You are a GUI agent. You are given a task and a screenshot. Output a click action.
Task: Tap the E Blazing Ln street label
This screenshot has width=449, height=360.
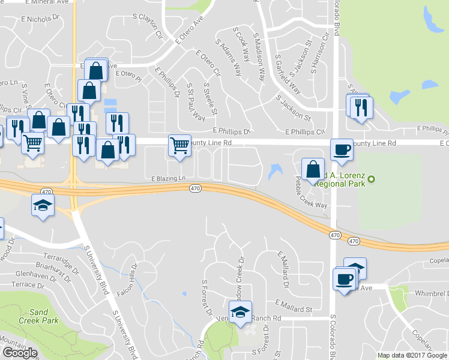[169, 179]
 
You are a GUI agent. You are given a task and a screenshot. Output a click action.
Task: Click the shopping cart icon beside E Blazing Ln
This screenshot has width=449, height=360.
[180, 145]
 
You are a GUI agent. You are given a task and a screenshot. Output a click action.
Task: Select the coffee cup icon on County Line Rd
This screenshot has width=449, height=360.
[342, 149]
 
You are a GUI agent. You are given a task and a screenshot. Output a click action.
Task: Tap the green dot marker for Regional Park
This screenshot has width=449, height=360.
[372, 178]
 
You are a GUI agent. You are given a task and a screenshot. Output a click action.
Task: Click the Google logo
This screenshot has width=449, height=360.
[20, 353]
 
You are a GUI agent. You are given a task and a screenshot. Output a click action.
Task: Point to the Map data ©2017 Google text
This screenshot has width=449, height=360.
[412, 355]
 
